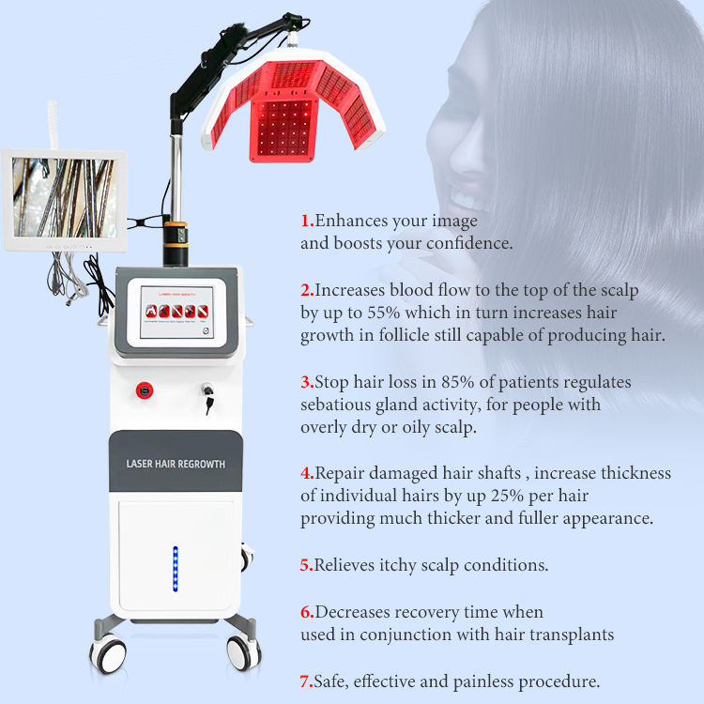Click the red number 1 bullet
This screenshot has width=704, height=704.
point(306,222)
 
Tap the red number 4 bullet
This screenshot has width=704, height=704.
point(306,473)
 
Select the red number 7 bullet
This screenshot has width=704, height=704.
point(306,682)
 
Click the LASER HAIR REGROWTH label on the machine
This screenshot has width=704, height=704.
point(176,464)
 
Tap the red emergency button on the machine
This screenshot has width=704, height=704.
point(144,388)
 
